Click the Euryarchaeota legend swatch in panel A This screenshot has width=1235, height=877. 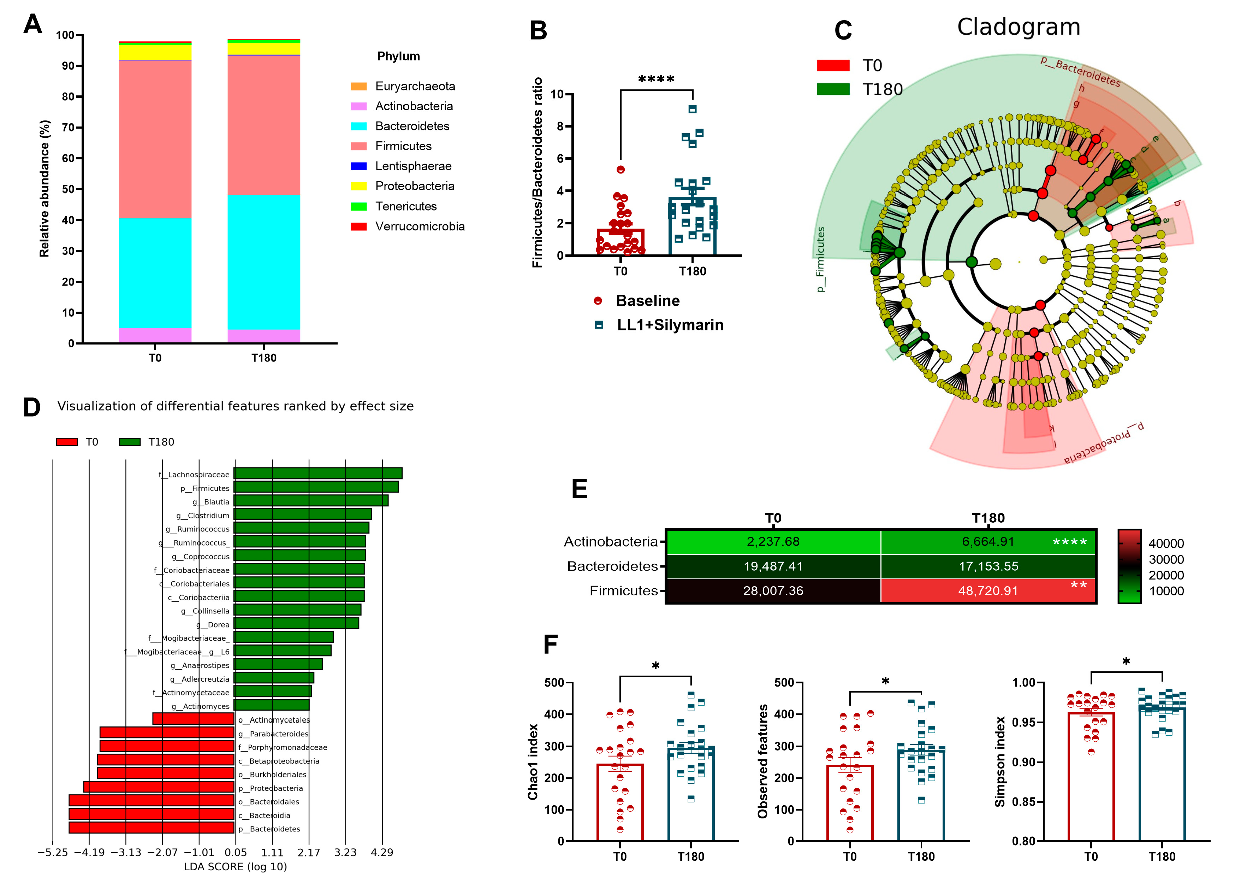(358, 87)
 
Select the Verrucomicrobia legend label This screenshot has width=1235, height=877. (420, 226)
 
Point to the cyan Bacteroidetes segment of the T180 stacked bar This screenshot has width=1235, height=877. (263, 262)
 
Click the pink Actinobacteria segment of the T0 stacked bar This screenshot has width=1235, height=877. (155, 335)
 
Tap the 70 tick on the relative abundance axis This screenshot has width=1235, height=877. (68, 128)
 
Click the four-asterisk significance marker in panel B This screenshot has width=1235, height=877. (656, 80)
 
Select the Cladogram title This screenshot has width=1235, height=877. (1019, 27)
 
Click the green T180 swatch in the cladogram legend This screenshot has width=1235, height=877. (833, 89)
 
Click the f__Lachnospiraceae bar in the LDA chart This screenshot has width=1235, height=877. (318, 473)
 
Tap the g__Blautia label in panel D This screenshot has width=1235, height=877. (211, 502)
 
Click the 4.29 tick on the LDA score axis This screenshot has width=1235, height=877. (382, 853)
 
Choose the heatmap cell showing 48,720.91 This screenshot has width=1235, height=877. (988, 591)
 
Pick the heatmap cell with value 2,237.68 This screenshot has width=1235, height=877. (773, 542)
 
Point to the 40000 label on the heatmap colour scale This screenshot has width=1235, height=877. (1166, 544)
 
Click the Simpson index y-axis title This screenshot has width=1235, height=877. (1000, 761)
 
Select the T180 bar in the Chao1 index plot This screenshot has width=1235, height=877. (691, 794)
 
